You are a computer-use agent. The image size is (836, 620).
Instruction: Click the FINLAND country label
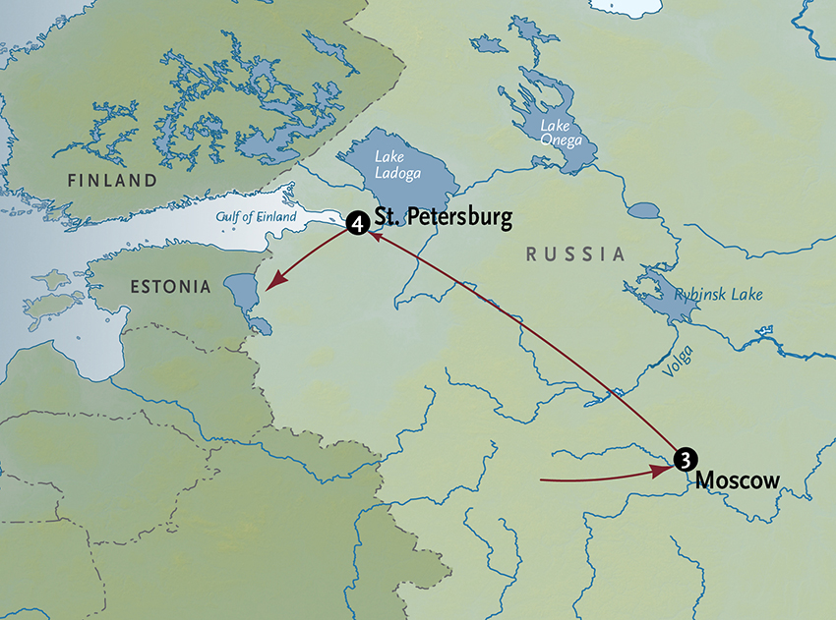(x=112, y=181)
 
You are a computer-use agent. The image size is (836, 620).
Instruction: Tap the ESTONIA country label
(x=169, y=288)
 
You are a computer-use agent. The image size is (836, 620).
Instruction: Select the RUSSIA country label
(x=575, y=254)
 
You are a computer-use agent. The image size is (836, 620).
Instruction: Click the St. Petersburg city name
(x=443, y=218)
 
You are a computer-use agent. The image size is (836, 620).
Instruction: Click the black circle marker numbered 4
(x=358, y=225)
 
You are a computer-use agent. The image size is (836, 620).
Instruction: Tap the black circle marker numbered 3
(x=687, y=458)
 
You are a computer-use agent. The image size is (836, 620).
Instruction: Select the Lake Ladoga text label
(x=398, y=166)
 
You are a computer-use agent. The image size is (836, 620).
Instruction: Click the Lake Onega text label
(x=565, y=134)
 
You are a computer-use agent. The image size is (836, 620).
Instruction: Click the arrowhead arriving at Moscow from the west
(x=665, y=471)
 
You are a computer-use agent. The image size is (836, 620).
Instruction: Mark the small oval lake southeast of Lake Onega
(x=644, y=210)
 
